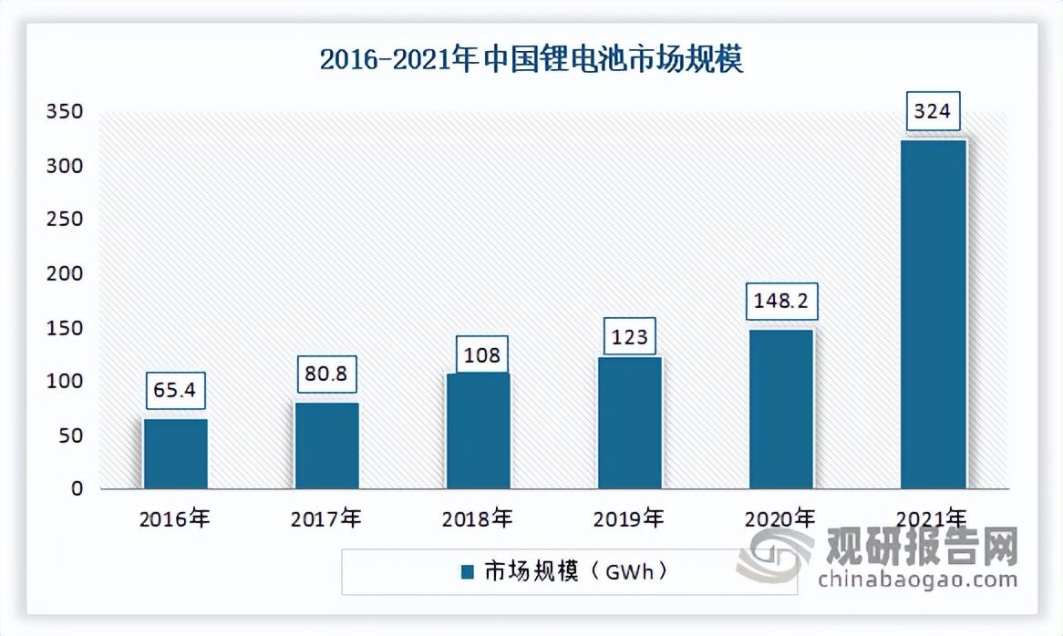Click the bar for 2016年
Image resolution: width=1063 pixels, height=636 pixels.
175,453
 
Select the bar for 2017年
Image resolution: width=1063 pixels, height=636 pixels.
326,445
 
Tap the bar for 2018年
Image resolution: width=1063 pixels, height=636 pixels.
478,430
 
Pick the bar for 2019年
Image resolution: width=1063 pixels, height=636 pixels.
629,422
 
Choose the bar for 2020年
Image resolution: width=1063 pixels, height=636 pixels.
780,408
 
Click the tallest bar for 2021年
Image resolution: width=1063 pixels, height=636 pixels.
933,313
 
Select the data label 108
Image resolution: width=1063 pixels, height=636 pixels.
478,354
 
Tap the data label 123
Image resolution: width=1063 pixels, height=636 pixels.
629,337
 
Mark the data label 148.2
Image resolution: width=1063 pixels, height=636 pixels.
780,301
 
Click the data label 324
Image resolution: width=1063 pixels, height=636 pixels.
933,112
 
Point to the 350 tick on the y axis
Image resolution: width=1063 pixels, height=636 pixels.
66,112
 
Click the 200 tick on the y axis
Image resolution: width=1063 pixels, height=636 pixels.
66,273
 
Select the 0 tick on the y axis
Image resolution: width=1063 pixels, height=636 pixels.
77,488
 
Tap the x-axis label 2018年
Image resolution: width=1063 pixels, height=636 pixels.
478,519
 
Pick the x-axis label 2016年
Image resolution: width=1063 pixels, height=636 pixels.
175,519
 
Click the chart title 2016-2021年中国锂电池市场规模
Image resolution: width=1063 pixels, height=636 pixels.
531,61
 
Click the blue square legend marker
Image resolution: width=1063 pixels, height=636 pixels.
468,572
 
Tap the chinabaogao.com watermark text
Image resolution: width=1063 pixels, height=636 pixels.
917,580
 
